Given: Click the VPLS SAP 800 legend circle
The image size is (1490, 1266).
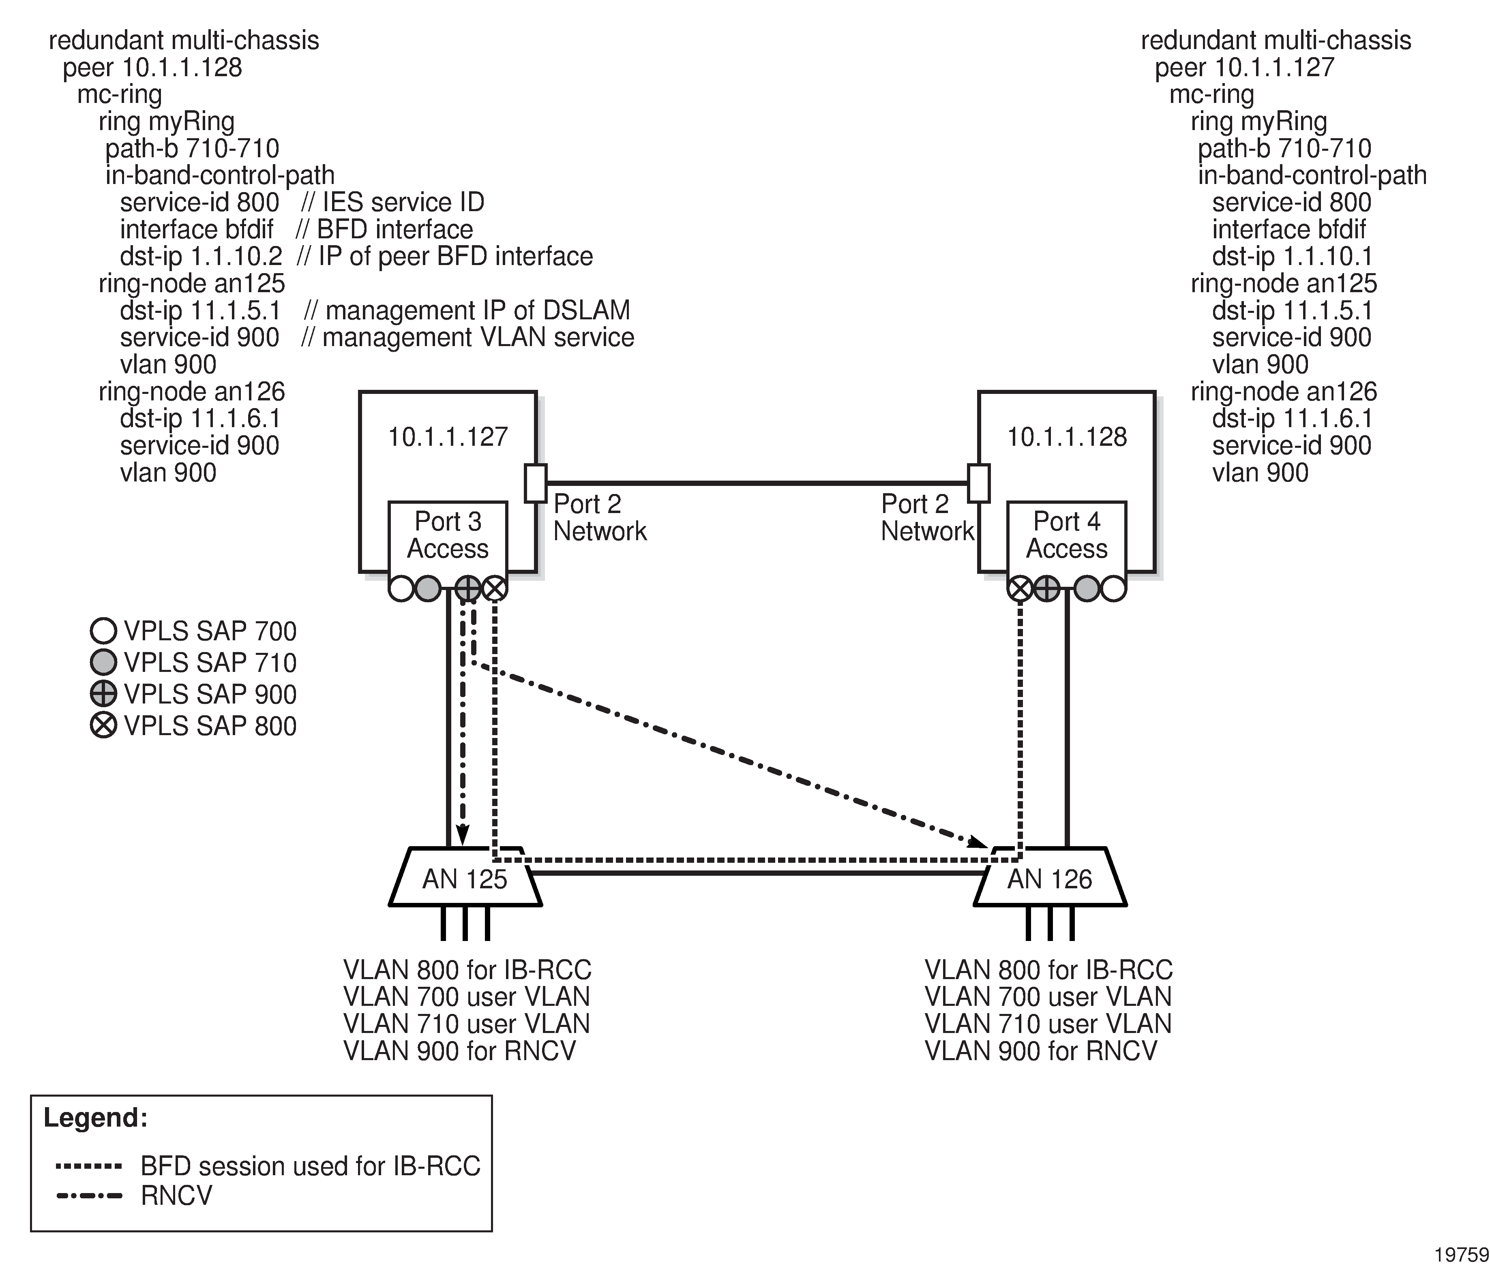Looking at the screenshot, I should [103, 725].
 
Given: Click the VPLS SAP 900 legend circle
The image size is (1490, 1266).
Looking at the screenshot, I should [103, 694].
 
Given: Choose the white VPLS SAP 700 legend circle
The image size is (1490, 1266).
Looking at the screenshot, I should [103, 631].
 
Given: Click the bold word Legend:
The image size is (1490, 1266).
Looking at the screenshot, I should [96, 1117].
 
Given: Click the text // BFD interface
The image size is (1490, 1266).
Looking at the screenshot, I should [384, 230].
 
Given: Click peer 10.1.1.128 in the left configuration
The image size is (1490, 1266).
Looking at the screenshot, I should [152, 67].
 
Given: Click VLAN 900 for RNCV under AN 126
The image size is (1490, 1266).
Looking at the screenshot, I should [1040, 1051].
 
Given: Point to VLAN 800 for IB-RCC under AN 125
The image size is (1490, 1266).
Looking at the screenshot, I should [467, 970].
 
